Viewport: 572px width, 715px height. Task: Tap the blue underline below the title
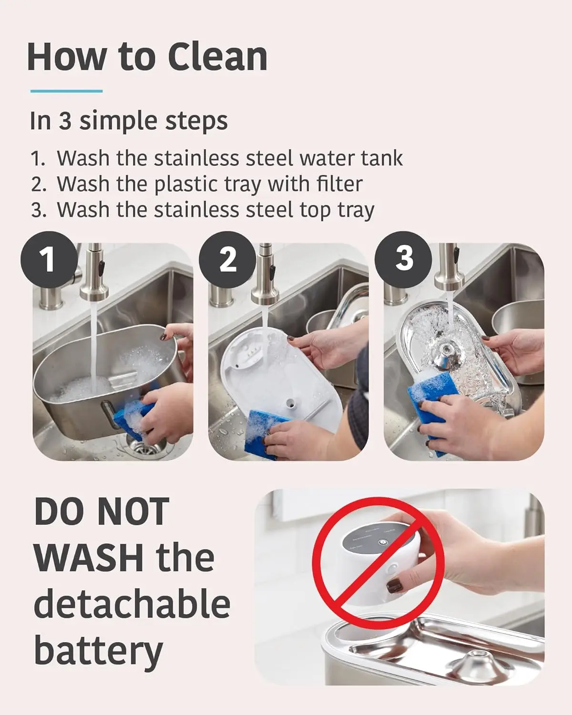[66, 91]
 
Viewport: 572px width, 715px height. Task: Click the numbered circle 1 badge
[49, 259]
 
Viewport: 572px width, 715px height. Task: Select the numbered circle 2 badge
[228, 259]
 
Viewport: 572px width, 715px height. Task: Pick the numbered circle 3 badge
[403, 259]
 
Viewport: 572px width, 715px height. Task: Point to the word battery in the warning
[98, 651]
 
